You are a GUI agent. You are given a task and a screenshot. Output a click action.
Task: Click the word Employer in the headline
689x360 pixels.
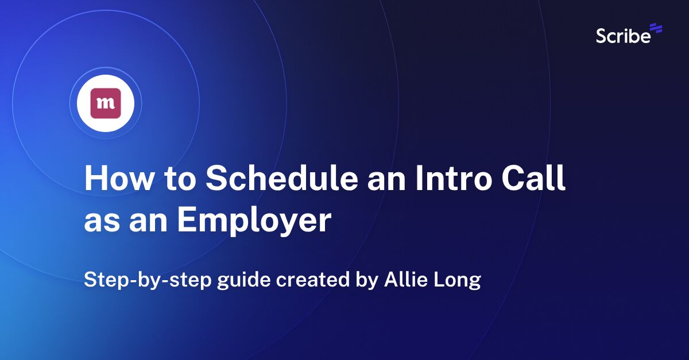coord(254,220)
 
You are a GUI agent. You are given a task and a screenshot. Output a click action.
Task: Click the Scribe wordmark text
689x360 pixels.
coord(622,36)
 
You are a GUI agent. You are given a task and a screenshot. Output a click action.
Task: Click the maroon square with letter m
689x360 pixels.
coord(106,103)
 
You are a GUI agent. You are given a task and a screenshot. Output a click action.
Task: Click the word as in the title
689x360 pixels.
coord(99,222)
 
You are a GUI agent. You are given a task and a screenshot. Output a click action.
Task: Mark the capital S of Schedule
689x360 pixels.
coord(216,180)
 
